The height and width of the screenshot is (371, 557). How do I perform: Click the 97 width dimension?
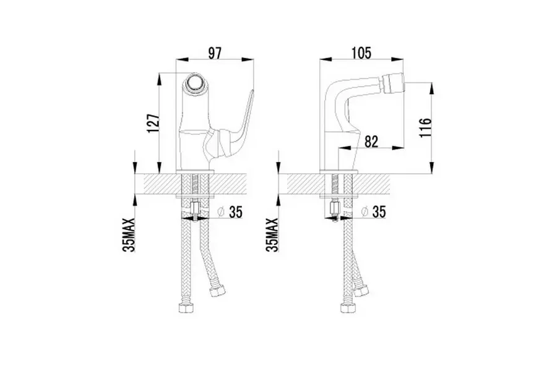215,53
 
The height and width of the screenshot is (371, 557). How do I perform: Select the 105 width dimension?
361,53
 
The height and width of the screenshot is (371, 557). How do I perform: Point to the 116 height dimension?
425,128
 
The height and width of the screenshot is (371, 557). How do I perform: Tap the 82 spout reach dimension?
371,142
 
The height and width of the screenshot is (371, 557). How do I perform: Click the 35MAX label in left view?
129,235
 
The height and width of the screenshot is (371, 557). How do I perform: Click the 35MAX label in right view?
272,235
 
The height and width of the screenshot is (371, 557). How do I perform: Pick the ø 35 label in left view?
230,212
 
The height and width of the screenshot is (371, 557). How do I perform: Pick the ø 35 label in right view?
373,212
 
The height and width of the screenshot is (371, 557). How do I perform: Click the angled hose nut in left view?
217,291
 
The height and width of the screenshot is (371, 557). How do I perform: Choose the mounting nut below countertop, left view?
196,207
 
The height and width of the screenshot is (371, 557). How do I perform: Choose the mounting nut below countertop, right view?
335,207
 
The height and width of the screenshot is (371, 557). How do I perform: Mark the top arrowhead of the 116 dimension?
431,88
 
